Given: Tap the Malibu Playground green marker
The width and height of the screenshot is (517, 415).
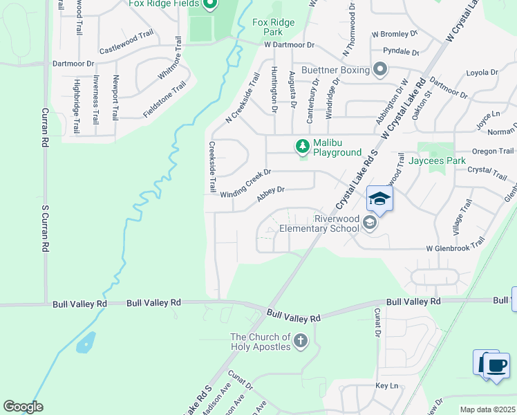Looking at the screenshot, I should (302, 146).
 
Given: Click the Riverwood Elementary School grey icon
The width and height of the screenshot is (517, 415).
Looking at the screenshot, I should (370, 222).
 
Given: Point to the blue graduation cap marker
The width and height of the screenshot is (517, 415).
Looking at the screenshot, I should (379, 199).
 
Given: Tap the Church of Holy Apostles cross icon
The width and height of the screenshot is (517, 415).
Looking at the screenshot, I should (300, 340).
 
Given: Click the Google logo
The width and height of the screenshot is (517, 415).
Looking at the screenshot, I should (23, 407).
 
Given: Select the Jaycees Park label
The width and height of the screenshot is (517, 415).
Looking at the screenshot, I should (437, 160).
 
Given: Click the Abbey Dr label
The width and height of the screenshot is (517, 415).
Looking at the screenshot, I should (271, 194).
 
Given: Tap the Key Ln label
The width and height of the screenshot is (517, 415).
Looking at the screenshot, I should (387, 385).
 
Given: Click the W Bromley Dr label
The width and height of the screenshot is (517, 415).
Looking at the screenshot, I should (395, 33).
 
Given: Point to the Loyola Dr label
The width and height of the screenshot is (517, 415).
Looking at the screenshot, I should (482, 73).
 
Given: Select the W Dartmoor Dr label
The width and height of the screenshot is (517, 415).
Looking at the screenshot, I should (289, 44).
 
